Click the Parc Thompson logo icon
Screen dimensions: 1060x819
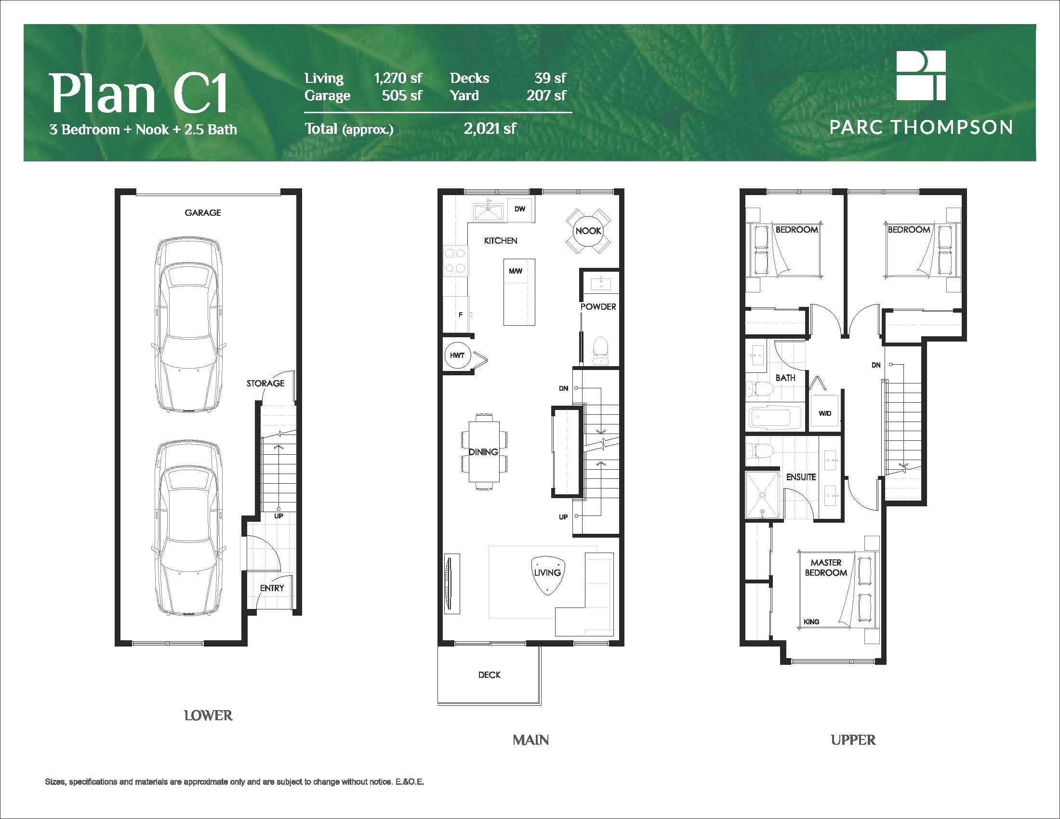coord(921,75)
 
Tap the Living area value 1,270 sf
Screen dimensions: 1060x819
coord(398,78)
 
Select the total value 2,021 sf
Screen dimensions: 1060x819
coord(490,129)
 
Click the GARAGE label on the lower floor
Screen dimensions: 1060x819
coord(202,212)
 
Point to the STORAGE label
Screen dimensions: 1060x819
coord(265,383)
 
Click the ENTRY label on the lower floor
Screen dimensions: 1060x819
coord(272,588)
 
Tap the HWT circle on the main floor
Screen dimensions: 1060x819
coord(457,355)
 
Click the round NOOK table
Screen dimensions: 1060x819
coord(588,231)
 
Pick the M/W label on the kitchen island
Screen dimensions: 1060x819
coord(516,271)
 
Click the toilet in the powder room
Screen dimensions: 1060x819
coord(600,351)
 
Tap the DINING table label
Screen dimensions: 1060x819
coord(483,452)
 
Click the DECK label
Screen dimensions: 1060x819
coord(489,675)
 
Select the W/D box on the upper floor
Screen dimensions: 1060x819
coord(824,411)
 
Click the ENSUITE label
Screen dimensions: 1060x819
coord(801,477)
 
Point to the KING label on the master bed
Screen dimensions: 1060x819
coord(811,621)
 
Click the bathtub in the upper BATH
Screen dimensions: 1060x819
coord(776,418)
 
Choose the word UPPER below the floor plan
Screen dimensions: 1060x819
coord(853,740)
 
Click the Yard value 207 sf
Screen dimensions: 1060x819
coord(546,95)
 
